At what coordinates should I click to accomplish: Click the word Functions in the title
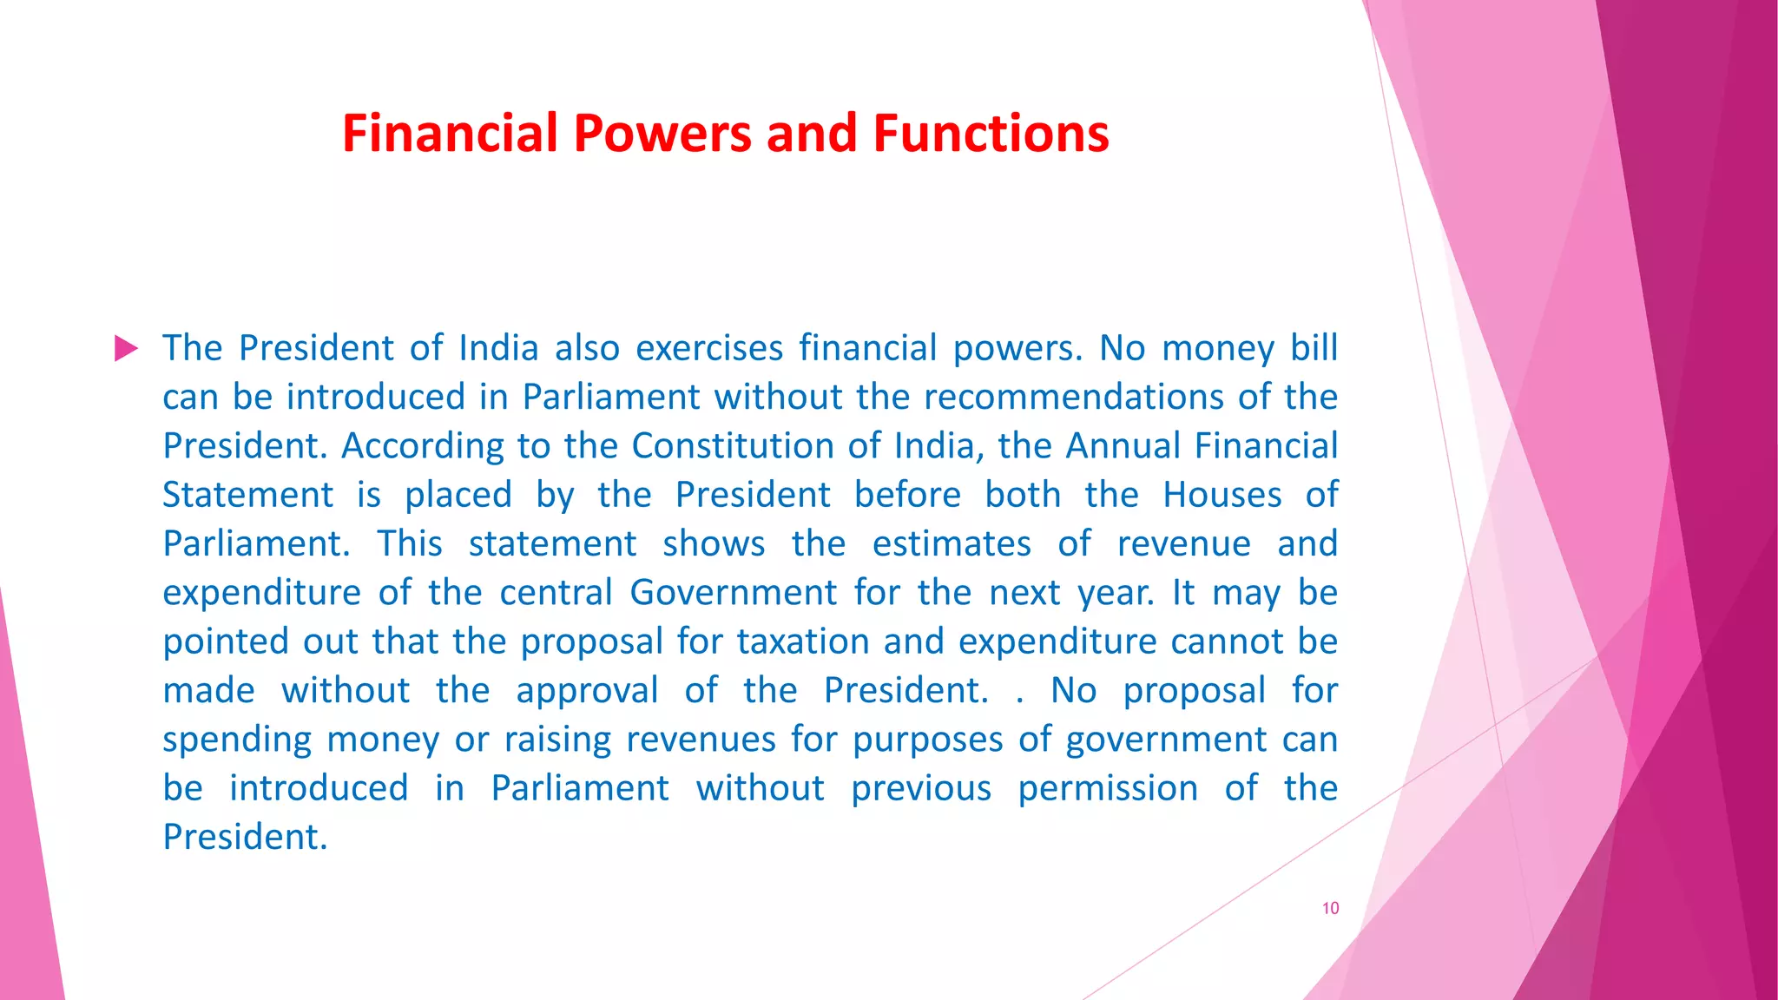click(991, 134)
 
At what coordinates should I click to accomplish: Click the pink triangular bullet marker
click(126, 349)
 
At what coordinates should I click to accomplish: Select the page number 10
click(1330, 908)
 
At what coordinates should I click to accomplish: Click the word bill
click(1314, 348)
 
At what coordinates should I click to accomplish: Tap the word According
click(422, 446)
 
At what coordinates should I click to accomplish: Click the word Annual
click(1121, 446)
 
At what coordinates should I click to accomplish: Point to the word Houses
click(1222, 495)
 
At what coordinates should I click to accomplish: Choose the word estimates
click(952, 544)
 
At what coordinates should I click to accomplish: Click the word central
click(556, 593)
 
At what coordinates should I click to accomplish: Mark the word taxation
click(803, 641)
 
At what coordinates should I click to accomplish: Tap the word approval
click(587, 691)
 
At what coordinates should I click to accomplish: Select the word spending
click(236, 740)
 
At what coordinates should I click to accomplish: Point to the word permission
click(1108, 789)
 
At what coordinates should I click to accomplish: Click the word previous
click(920, 789)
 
